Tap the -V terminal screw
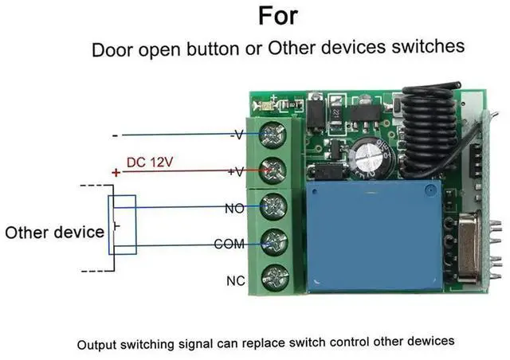click(273, 133)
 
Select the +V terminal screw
click(273, 169)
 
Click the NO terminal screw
click(273, 205)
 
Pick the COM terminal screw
click(273, 241)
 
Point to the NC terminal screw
click(273, 276)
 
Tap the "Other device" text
click(54, 233)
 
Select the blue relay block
click(373, 235)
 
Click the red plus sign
click(116, 172)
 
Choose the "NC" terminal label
click(237, 280)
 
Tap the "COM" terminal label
click(229, 244)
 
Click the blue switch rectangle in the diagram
click(125, 225)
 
